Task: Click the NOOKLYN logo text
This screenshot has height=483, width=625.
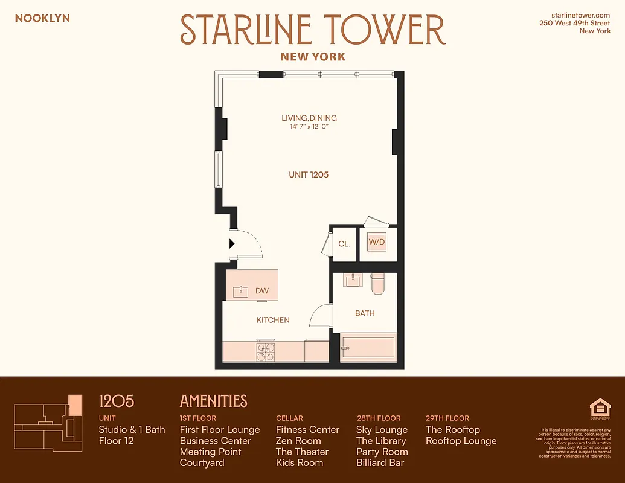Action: point(42,18)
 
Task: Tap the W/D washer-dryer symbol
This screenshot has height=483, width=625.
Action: point(377,243)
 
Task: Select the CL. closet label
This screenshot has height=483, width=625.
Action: point(344,245)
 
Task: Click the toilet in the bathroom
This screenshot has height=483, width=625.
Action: point(378,284)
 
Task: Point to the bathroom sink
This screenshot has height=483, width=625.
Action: point(353,280)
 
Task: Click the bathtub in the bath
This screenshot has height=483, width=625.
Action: point(368,348)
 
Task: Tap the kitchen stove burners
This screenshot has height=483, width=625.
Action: point(266,351)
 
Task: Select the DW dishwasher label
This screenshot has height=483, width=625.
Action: point(261,291)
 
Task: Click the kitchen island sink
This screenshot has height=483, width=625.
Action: point(240,292)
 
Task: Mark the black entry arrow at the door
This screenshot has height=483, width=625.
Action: point(232,244)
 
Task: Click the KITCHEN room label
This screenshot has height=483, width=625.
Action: point(273,320)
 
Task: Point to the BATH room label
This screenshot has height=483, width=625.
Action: point(365,313)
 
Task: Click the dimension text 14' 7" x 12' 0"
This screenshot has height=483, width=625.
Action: point(309,127)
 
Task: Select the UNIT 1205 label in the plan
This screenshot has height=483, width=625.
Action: point(309,174)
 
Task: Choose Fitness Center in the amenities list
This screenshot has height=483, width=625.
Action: point(307,430)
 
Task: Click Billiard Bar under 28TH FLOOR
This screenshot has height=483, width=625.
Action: point(380,463)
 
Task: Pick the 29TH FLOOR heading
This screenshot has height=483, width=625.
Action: point(447,418)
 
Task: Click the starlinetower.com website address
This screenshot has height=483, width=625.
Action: point(581,14)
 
